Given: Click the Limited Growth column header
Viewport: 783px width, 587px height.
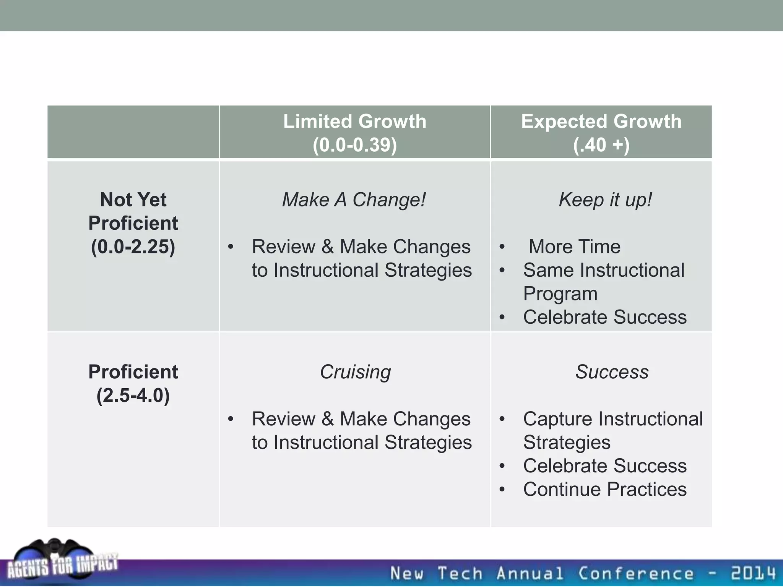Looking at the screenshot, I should pos(354,122).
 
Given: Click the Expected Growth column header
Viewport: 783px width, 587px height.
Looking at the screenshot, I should pos(601,122).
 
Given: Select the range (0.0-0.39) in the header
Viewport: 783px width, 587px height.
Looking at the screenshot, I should pos(354,145).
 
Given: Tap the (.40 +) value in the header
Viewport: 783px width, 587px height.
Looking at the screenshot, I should pos(601,145).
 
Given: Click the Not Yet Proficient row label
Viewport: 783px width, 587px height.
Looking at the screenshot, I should pos(133,211).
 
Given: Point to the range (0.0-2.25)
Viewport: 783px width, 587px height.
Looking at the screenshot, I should pos(133,246).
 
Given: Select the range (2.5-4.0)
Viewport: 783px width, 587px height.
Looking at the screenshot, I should pos(133,395).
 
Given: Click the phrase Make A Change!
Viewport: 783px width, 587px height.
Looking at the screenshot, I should pos(354,200).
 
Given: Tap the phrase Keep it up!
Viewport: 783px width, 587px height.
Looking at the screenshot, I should pos(605,200).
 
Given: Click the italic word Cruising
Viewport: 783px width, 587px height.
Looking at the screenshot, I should pos(355,372).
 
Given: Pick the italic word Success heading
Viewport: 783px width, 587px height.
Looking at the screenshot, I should pos(612,372).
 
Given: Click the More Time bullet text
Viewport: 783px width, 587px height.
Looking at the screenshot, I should pos(574,246).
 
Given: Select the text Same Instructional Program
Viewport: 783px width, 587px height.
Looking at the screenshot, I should pos(603,282).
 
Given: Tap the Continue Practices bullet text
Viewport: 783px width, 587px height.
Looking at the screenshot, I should pos(605,490).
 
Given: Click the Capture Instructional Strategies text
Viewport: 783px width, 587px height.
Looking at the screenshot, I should pos(612,431).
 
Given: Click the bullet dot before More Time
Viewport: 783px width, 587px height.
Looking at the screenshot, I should pos(502,247).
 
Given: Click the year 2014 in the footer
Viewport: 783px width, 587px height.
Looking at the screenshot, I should pos(753,573).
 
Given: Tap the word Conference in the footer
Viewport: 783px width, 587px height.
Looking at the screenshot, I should pos(635,573).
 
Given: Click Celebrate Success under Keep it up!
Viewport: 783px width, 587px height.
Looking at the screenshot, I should pos(605,317).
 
